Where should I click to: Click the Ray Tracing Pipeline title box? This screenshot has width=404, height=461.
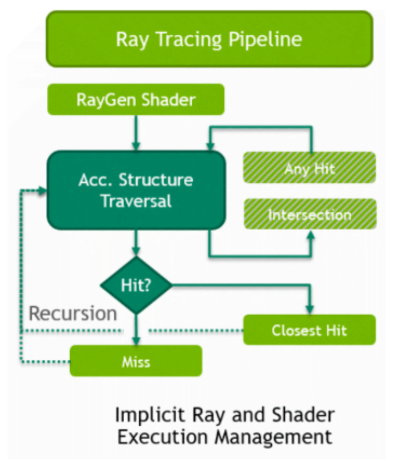click(x=210, y=39)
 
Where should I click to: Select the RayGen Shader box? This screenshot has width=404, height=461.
click(x=136, y=100)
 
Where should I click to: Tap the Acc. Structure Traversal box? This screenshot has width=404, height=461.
click(x=136, y=190)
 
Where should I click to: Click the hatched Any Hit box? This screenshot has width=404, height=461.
click(x=309, y=168)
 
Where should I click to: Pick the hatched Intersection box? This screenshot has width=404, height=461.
click(x=310, y=214)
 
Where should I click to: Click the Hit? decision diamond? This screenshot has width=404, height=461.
click(x=136, y=285)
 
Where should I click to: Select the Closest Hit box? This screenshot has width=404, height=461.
click(x=309, y=330)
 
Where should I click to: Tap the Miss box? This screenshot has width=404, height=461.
click(x=136, y=361)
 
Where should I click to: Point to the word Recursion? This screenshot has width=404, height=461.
click(x=72, y=313)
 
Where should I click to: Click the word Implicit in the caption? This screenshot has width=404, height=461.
click(x=150, y=415)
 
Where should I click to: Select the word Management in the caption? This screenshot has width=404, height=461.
click(x=273, y=437)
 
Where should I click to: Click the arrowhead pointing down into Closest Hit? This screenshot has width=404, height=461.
click(x=310, y=310)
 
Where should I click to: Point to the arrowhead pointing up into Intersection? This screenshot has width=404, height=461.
click(x=310, y=235)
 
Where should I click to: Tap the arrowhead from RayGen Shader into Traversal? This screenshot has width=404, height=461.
click(x=136, y=146)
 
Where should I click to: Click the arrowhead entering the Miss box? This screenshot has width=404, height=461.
click(x=136, y=341)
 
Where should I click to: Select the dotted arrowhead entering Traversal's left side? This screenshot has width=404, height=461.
click(x=42, y=191)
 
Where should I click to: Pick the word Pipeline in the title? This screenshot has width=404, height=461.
click(x=265, y=39)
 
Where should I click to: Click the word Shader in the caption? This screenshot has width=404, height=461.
click(x=303, y=415)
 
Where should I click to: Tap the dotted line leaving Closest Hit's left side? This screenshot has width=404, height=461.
click(x=196, y=330)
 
